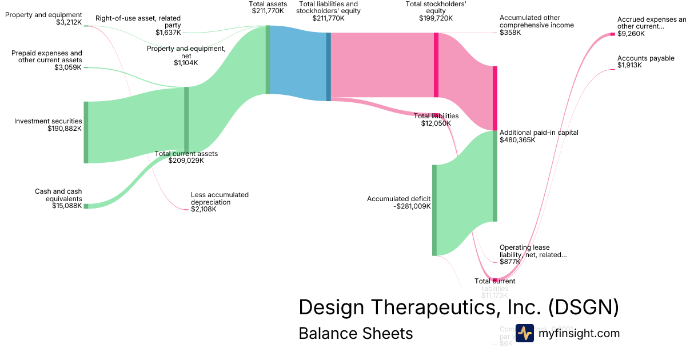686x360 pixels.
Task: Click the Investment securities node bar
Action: click(86, 132)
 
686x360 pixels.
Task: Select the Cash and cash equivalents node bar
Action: click(86, 206)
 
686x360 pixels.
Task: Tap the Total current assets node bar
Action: click(186, 119)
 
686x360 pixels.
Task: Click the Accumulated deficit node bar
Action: click(434, 210)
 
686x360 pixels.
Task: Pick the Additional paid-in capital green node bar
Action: click(495, 176)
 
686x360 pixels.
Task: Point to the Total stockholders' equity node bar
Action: click(436, 65)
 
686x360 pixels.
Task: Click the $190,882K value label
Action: click(65, 129)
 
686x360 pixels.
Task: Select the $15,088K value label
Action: click(67, 206)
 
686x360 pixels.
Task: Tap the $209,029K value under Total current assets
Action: click(186, 161)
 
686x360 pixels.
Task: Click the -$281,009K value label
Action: click(412, 206)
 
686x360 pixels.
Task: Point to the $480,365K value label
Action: click(517, 139)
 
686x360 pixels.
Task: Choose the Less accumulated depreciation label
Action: click(220, 198)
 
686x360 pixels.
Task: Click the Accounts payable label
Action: click(645, 58)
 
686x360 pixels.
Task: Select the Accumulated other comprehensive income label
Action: click(536, 22)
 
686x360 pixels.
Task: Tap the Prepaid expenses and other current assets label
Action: click(47, 56)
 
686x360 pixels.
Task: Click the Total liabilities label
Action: click(436, 116)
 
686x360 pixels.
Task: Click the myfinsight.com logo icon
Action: click(524, 333)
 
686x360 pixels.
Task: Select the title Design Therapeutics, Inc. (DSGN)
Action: click(458, 307)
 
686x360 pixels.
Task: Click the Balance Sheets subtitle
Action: click(356, 333)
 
